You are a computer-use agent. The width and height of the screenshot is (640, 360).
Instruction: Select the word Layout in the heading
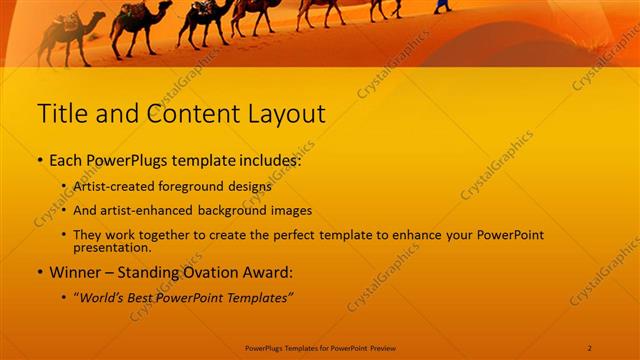pos(285,113)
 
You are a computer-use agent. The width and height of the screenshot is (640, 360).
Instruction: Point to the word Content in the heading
pos(191,113)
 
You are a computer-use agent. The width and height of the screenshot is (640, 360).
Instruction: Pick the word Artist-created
pos(113,186)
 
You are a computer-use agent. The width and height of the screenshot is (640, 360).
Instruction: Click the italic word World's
pos(103,298)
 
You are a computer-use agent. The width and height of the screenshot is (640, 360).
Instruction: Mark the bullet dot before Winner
pos(39,273)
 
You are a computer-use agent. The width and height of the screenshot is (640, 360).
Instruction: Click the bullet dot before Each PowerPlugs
pos(39,160)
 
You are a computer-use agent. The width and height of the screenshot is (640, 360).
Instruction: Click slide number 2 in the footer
pos(590,347)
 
